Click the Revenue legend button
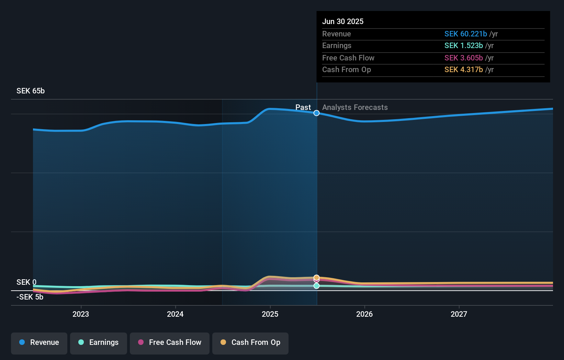click(x=39, y=342)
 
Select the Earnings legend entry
click(x=99, y=342)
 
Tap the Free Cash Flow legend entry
click(x=170, y=342)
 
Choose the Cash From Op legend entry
click(x=250, y=342)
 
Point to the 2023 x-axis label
click(x=81, y=314)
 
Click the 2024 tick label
click(x=175, y=314)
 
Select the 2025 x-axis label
click(x=270, y=314)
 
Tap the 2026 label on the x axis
click(x=364, y=314)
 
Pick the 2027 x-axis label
click(x=459, y=314)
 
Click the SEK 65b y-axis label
click(x=31, y=91)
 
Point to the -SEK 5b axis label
click(x=30, y=297)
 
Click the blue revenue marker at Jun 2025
click(x=316, y=113)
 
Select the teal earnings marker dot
click(x=316, y=286)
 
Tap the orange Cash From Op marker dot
click(x=316, y=277)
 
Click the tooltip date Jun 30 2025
click(x=342, y=21)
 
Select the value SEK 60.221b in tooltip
click(x=465, y=34)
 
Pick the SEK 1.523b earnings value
click(x=463, y=46)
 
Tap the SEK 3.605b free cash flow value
click(x=463, y=58)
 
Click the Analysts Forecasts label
click(x=355, y=108)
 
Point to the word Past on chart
click(x=303, y=108)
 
